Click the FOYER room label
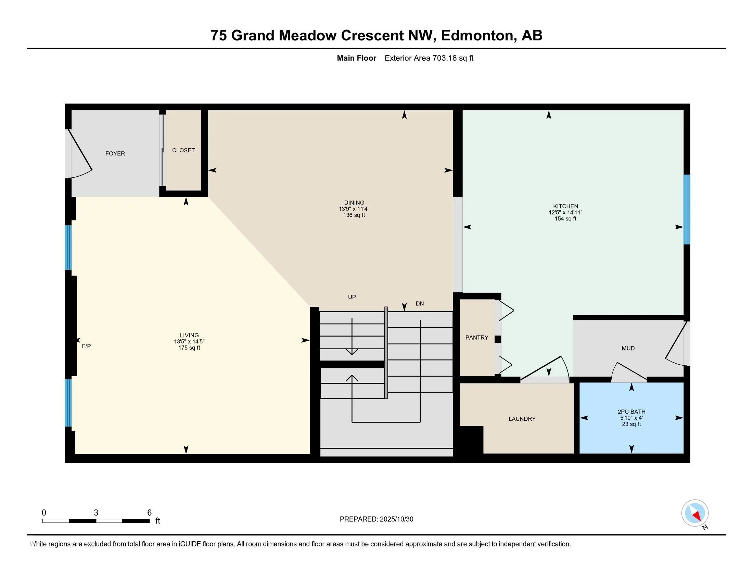point(115,153)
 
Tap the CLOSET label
point(183,150)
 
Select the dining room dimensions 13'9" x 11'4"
point(354,209)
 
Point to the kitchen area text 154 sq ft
point(565,219)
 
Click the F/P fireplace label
point(86,346)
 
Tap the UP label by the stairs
point(352,297)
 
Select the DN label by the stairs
point(420,304)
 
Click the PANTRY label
point(476,338)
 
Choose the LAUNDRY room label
point(522,419)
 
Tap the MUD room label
point(628,348)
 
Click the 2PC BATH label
point(631,412)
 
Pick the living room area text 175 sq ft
point(189,348)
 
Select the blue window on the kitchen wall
point(687,209)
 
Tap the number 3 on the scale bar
point(96,513)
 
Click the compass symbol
point(694,513)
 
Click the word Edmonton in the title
point(478,36)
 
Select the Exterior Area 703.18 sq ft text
point(429,58)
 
